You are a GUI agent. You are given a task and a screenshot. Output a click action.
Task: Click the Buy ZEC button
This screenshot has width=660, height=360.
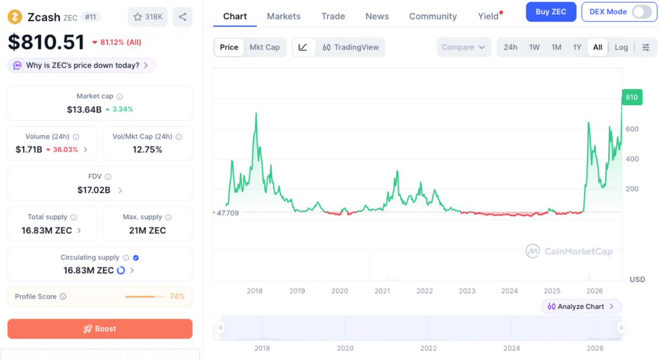[550, 12]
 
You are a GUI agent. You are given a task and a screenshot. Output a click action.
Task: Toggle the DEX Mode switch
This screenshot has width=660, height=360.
[641, 12]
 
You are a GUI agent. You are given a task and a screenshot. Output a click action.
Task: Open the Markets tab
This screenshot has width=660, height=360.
[283, 16]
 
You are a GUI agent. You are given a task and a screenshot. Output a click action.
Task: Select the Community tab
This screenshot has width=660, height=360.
[433, 16]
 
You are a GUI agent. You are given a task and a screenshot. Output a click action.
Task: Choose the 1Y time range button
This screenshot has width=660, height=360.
[577, 47]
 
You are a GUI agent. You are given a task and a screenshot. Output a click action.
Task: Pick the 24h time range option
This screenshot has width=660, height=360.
[511, 47]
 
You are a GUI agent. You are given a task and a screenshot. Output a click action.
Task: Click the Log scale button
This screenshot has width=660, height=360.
[621, 47]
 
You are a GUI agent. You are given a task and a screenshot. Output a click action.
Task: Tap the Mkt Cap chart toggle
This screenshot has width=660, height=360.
[264, 47]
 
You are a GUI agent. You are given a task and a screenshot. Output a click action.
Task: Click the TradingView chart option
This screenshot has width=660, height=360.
[351, 47]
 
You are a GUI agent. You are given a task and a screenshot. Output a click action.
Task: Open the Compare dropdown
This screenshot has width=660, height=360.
[463, 47]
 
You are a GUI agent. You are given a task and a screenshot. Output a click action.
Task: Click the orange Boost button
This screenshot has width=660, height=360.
[100, 329]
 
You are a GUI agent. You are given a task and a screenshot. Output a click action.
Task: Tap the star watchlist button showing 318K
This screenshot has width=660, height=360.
[148, 17]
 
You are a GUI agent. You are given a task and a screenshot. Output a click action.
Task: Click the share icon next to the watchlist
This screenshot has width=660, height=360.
[183, 17]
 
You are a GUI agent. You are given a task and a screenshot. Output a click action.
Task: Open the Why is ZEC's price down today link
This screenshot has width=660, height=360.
[81, 66]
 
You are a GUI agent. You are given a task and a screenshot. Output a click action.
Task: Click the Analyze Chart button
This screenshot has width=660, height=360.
[581, 307]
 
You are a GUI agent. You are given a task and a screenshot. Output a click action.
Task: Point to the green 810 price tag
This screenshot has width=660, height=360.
[632, 97]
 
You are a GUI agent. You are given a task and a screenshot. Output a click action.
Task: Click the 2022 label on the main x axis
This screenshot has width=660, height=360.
[424, 291]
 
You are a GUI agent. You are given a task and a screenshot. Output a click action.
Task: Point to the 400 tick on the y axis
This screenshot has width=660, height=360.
[632, 159]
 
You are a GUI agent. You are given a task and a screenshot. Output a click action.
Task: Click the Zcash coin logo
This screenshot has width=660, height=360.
[15, 17]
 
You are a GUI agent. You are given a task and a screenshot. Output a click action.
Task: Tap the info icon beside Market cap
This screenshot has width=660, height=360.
[119, 96]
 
